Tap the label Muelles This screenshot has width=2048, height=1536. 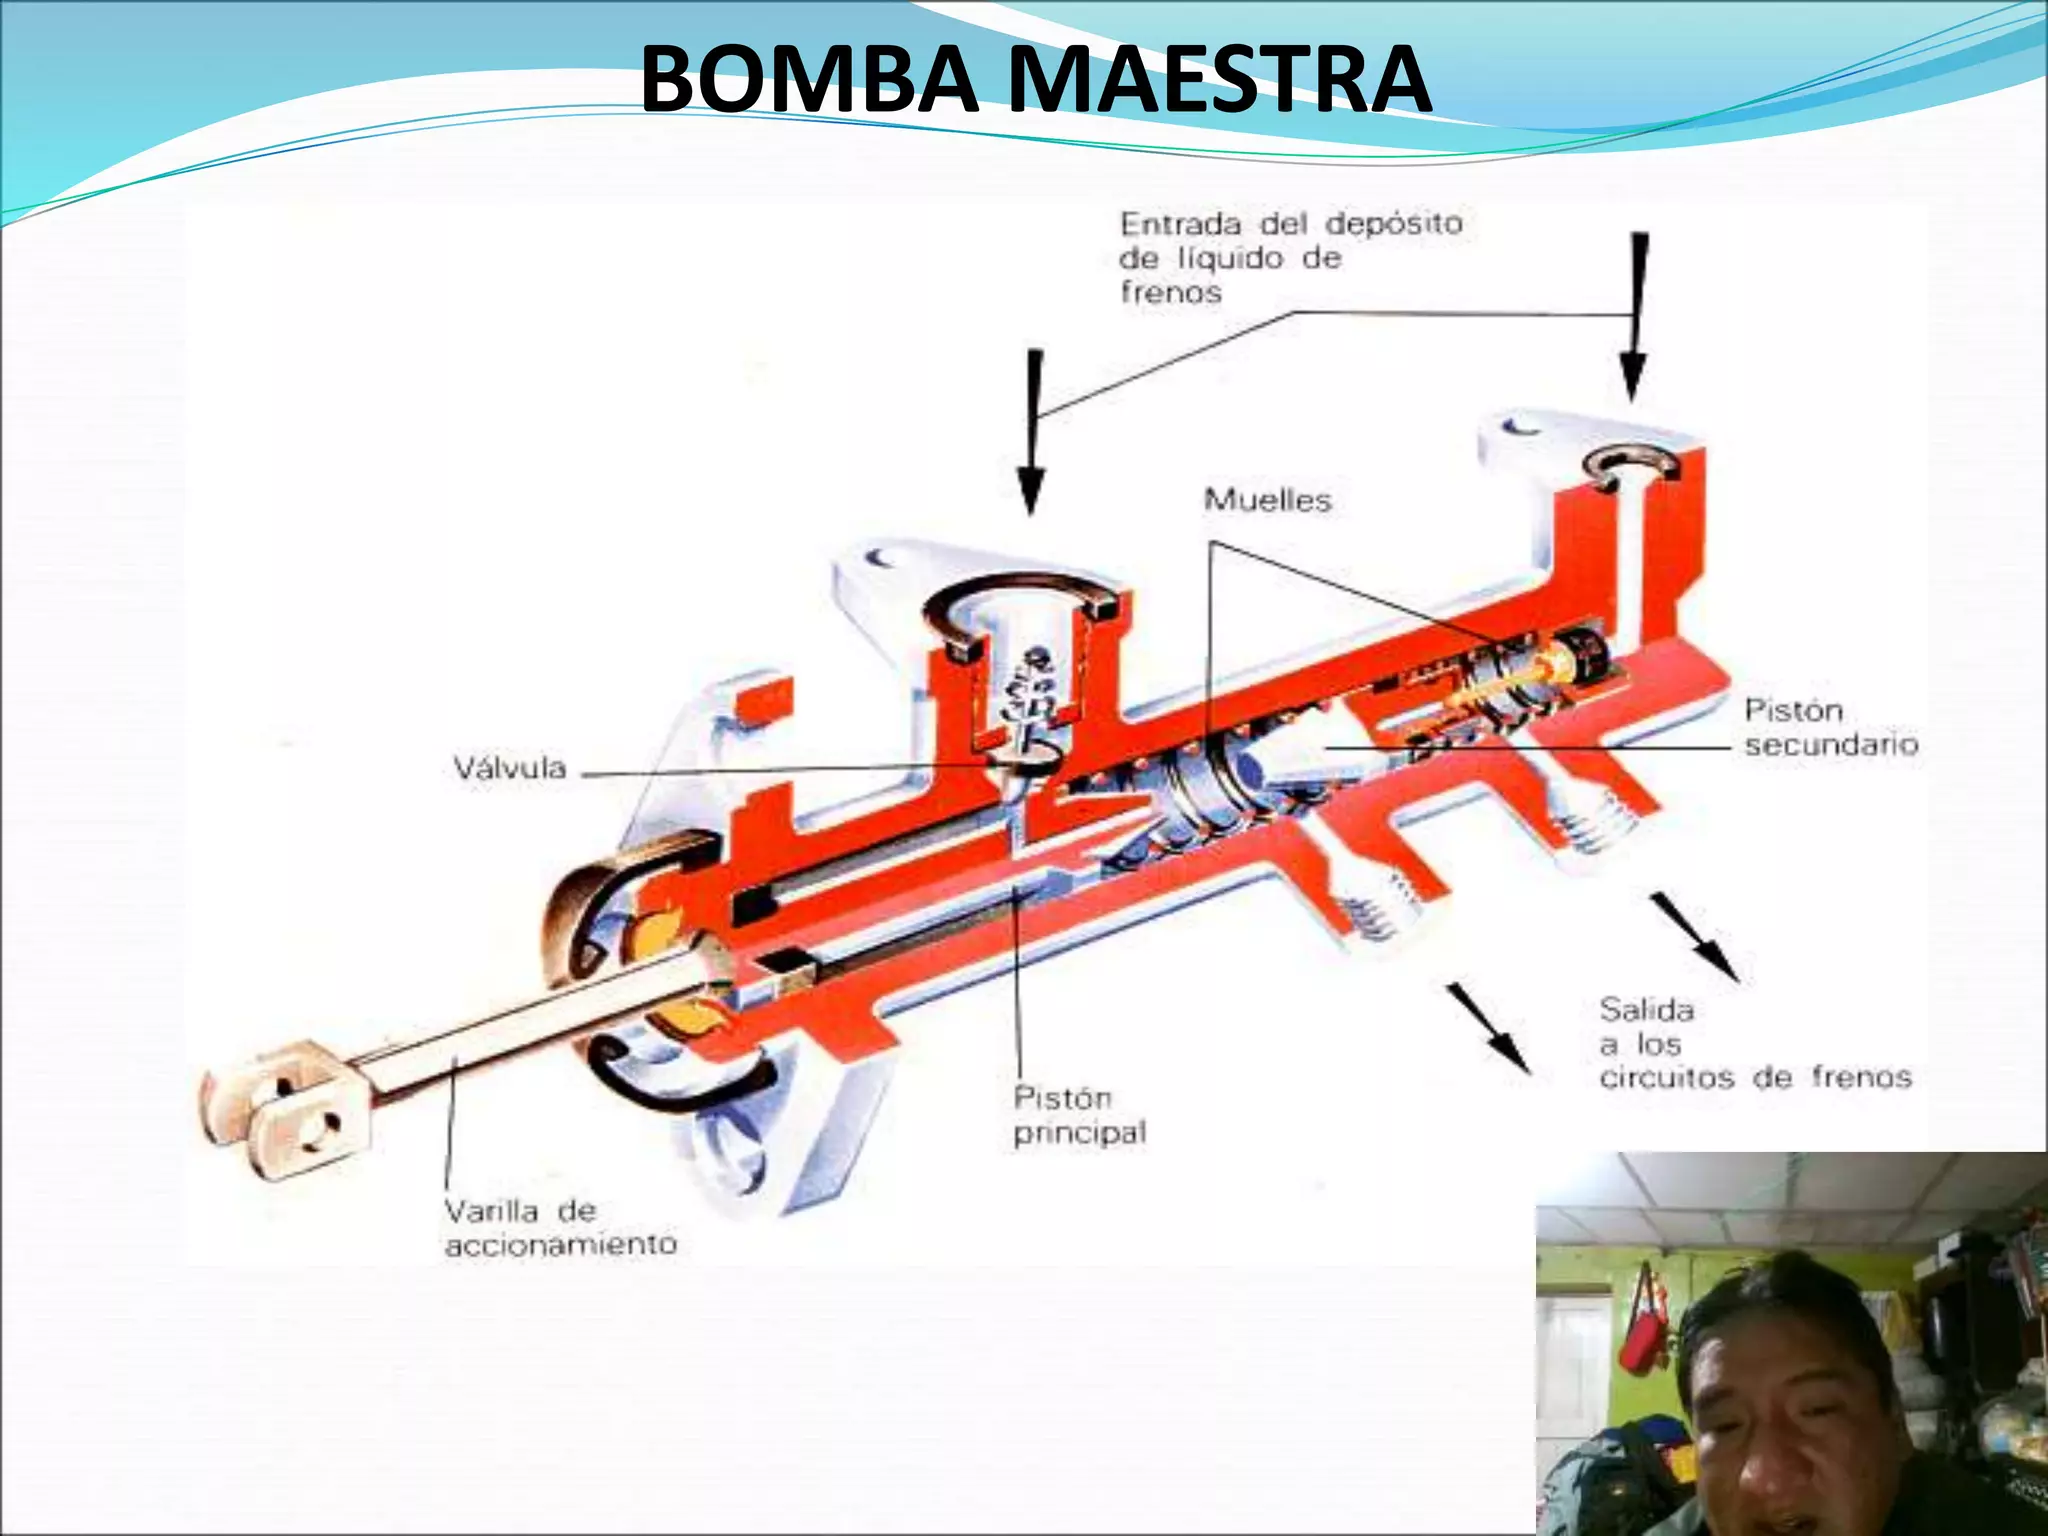click(x=1267, y=500)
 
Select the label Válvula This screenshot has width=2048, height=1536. click(x=510, y=769)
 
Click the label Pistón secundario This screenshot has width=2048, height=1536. click(x=1830, y=727)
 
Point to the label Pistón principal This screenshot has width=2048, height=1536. click(x=1078, y=1115)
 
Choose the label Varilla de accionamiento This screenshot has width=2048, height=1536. click(x=560, y=1228)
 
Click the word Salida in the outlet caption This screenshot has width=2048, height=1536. click(x=1646, y=1010)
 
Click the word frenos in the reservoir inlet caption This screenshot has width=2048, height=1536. click(x=1171, y=293)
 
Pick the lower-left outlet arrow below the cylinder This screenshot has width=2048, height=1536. click(x=1490, y=1030)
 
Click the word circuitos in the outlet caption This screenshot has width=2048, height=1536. click(x=1666, y=1078)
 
